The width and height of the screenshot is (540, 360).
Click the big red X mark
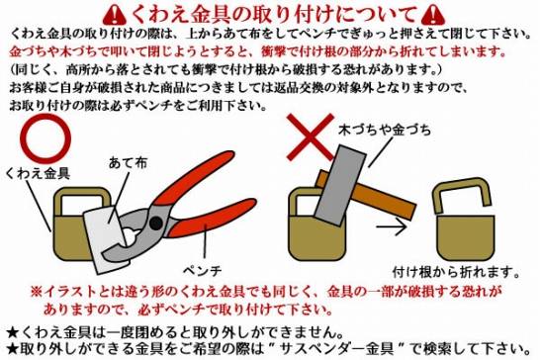(x=311, y=136)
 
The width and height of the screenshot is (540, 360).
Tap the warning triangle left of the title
(x=116, y=15)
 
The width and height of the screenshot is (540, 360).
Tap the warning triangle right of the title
(x=433, y=15)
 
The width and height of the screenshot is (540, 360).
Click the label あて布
(x=128, y=162)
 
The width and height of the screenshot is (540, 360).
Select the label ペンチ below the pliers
(x=202, y=271)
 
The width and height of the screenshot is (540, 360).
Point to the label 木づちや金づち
(x=385, y=130)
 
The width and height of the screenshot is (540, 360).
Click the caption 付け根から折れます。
(x=456, y=272)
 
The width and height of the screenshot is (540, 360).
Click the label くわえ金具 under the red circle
(x=38, y=173)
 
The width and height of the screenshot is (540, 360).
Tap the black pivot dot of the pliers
(x=156, y=223)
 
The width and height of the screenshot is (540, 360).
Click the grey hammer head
(x=339, y=185)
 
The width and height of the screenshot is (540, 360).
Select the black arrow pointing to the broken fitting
(x=392, y=226)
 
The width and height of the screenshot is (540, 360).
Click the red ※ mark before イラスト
(x=37, y=292)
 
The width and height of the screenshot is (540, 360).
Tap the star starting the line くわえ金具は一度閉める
(x=13, y=332)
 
